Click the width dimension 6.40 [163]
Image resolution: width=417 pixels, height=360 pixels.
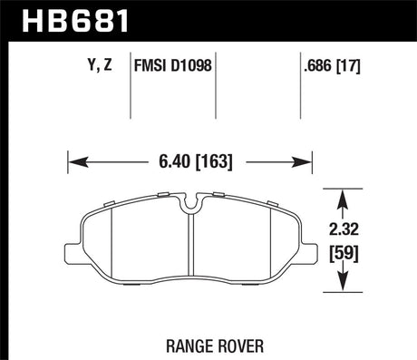tap(189, 163)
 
